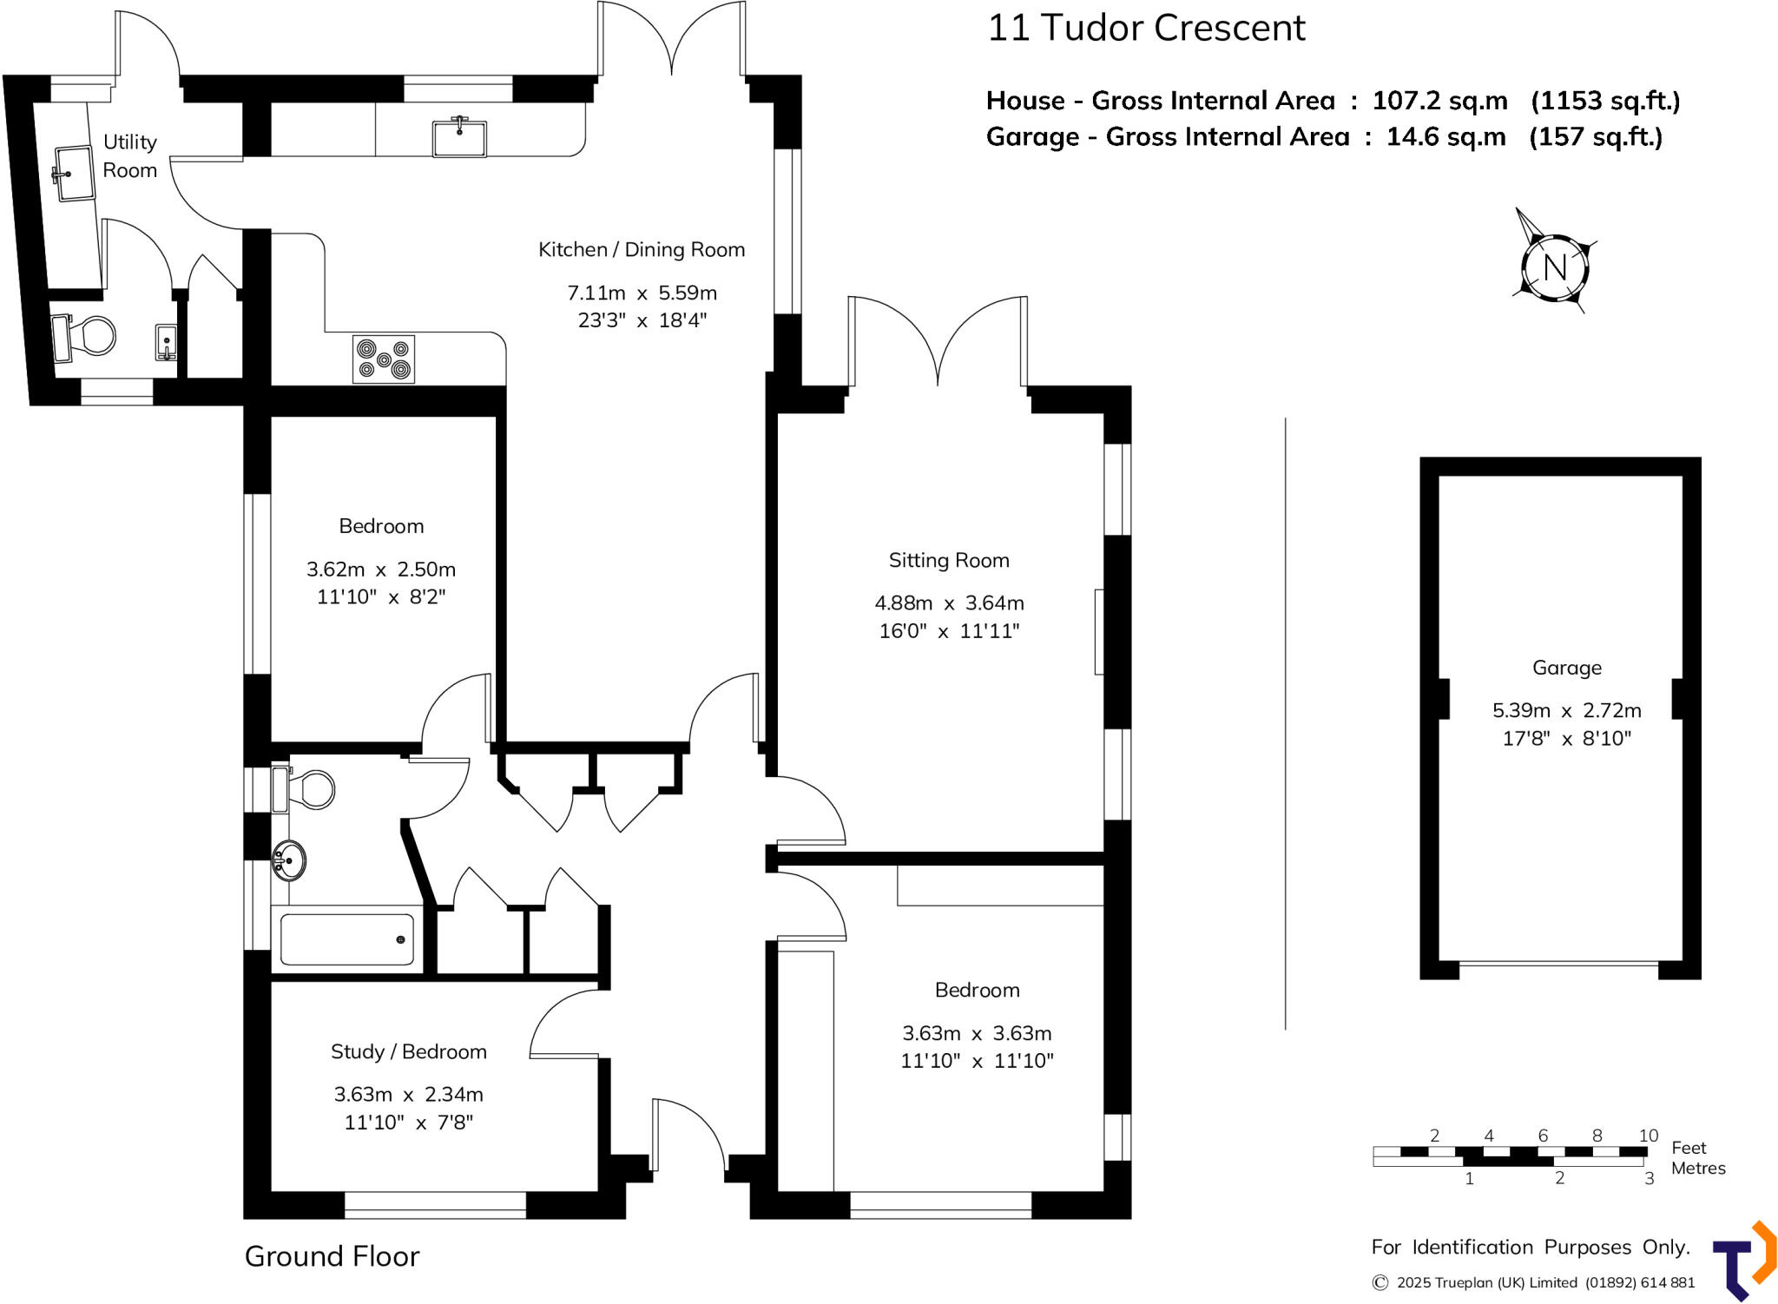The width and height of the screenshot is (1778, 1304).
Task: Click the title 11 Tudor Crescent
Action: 1146,28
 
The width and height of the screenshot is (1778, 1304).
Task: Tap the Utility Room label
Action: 130,156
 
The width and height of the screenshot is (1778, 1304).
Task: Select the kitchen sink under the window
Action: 459,137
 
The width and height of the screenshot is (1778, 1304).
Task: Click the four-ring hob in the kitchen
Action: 384,359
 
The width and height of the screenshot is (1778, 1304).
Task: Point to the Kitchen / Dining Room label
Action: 642,250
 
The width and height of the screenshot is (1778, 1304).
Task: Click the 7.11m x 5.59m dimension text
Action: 642,293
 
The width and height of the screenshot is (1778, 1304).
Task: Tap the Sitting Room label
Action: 949,561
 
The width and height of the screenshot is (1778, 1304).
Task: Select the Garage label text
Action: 1566,668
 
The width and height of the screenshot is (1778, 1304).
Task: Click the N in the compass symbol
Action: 1555,267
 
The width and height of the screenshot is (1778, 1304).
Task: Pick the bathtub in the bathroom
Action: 346,939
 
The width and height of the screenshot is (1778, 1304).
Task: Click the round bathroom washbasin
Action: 289,860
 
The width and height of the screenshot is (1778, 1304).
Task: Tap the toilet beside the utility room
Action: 87,337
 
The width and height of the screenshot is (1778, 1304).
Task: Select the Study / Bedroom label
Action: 408,1052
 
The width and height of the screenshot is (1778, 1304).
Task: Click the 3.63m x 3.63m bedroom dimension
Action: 977,1034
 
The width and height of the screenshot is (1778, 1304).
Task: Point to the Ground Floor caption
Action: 332,1256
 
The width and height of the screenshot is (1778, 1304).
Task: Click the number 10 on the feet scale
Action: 1648,1136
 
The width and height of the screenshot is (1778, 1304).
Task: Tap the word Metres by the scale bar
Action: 1697,1169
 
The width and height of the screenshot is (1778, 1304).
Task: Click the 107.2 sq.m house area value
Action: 1439,101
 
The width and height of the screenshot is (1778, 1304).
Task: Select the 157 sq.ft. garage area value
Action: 1595,137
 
